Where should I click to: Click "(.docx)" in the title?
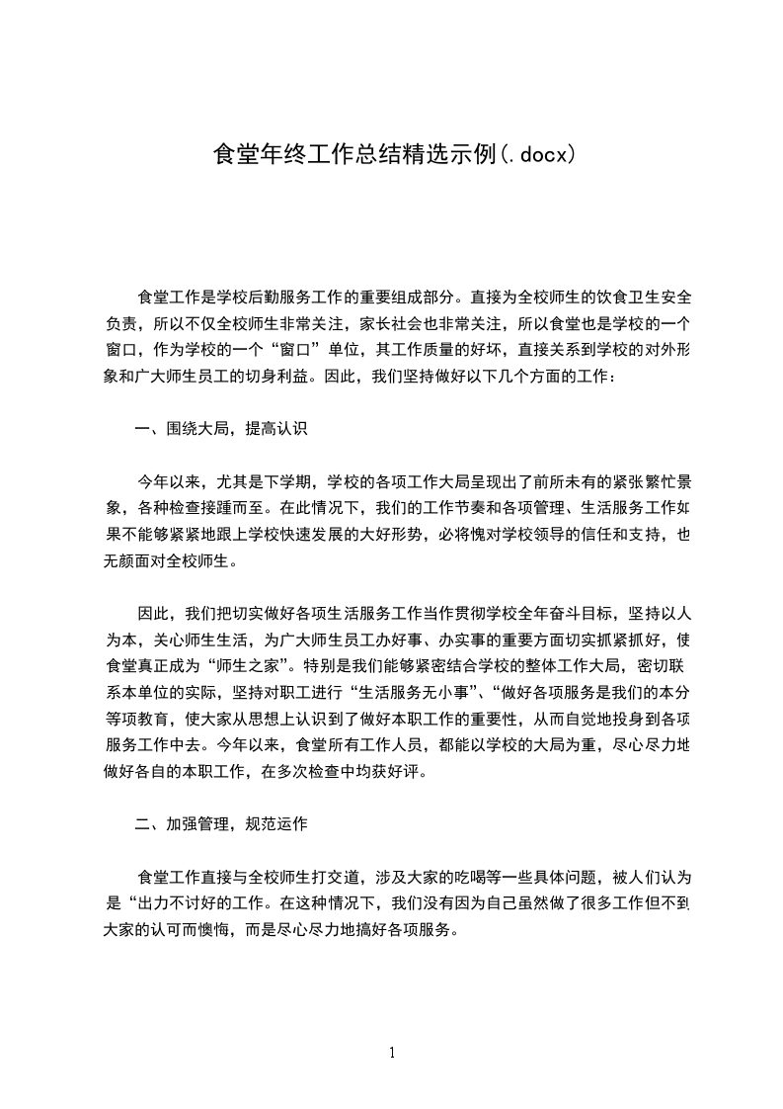coord(533,154)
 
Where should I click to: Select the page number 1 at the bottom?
coord(392,1052)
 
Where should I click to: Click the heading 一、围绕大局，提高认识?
coord(222,429)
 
